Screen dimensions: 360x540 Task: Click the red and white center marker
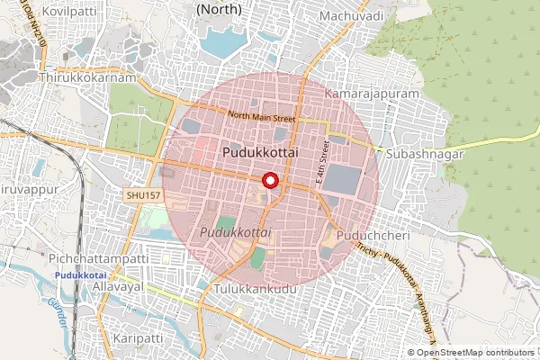(268, 181)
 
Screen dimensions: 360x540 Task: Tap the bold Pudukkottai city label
(262, 155)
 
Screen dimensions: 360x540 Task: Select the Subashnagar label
(423, 155)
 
